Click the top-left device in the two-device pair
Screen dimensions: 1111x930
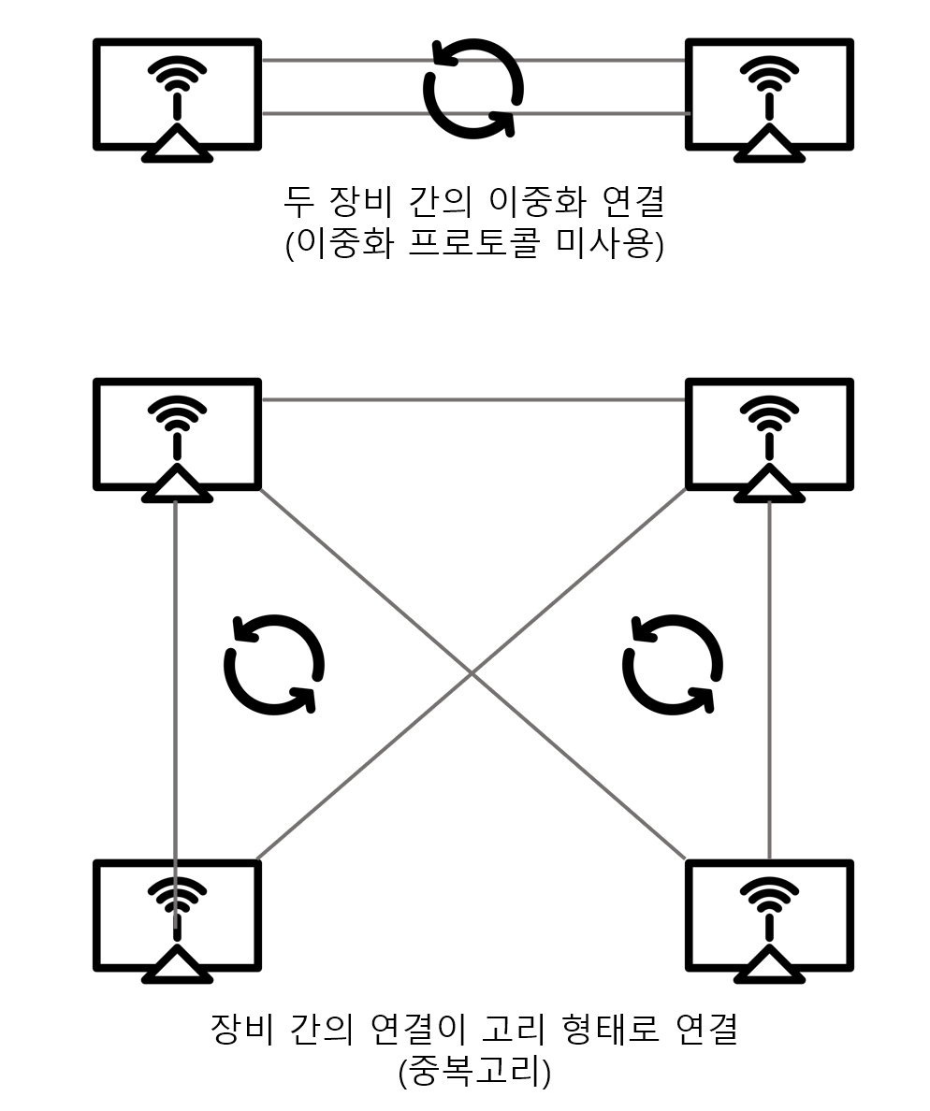[177, 94]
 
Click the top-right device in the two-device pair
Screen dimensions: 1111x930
[769, 94]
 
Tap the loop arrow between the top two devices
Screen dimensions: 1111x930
[473, 88]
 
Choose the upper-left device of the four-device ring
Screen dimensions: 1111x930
[177, 434]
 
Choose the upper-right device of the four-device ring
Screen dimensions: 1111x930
[769, 434]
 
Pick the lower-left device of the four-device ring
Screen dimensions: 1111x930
[177, 916]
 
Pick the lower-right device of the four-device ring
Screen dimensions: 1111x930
[769, 916]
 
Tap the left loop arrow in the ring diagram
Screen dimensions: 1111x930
[274, 664]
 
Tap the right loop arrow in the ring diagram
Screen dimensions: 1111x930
[673, 664]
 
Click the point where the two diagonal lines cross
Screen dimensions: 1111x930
[472, 673]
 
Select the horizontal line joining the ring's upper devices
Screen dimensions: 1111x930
[473, 400]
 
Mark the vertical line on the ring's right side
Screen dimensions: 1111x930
[769, 673]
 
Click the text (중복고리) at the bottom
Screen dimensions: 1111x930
[474, 1072]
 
